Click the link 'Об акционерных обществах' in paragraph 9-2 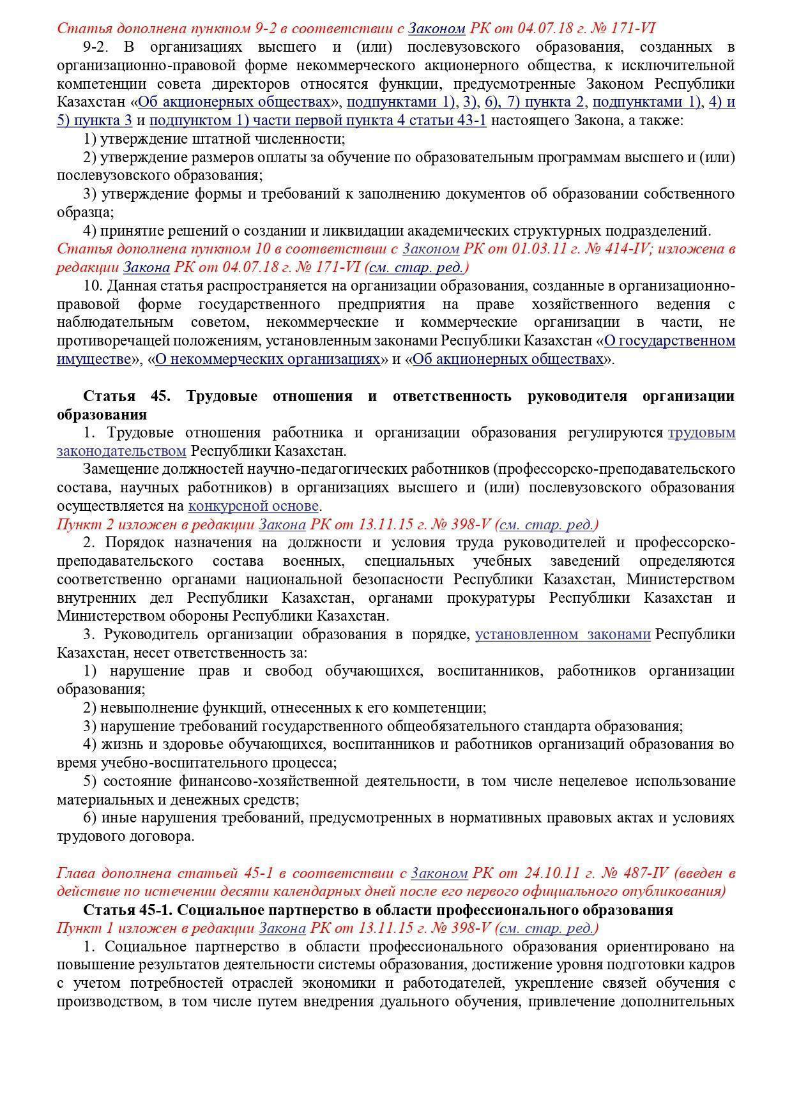pos(234,102)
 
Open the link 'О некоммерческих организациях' pos(268,359)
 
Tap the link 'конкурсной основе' pos(253,506)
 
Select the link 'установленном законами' pos(563,635)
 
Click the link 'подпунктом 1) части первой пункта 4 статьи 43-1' pos(317,121)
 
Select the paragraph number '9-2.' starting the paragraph pos(96,47)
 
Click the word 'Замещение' pos(119,469)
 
